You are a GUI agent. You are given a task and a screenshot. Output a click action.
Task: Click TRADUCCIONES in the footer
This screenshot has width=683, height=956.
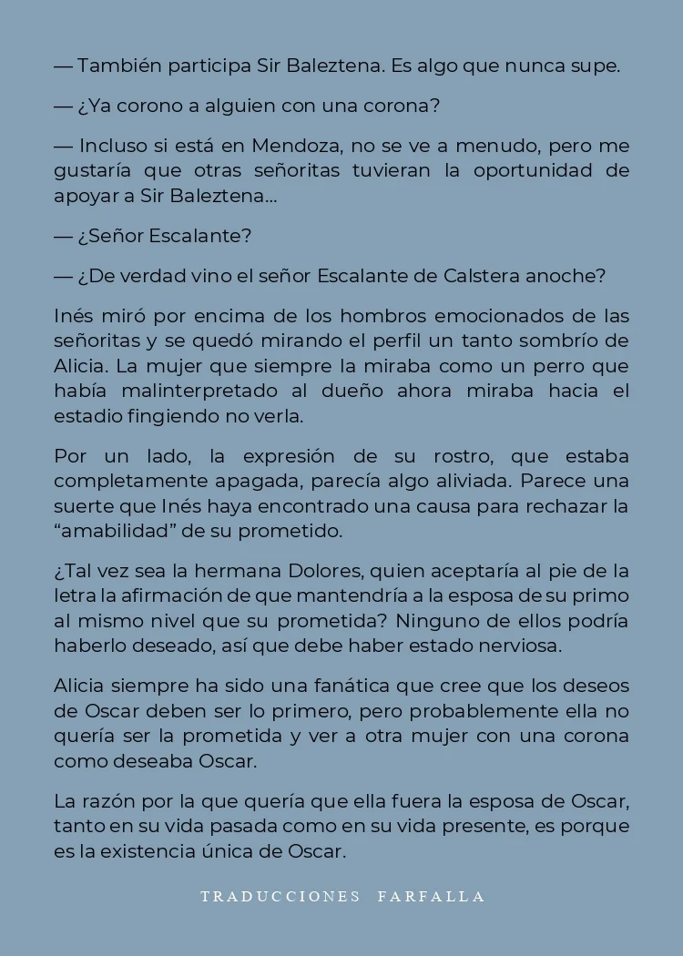(x=280, y=896)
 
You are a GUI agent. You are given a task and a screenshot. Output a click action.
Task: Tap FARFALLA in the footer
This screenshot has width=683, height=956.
(x=432, y=896)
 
